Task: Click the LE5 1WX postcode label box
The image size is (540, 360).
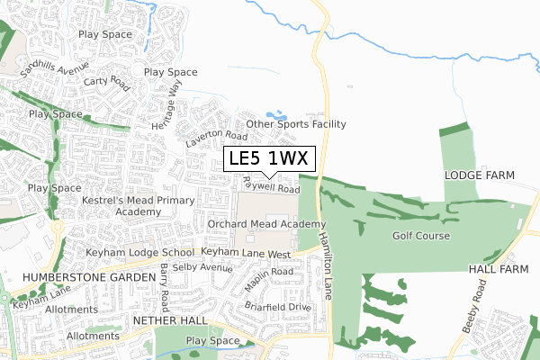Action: pyautogui.click(x=269, y=158)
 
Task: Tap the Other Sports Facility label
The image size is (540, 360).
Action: pyautogui.click(x=295, y=124)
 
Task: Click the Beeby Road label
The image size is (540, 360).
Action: pyautogui.click(x=474, y=305)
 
